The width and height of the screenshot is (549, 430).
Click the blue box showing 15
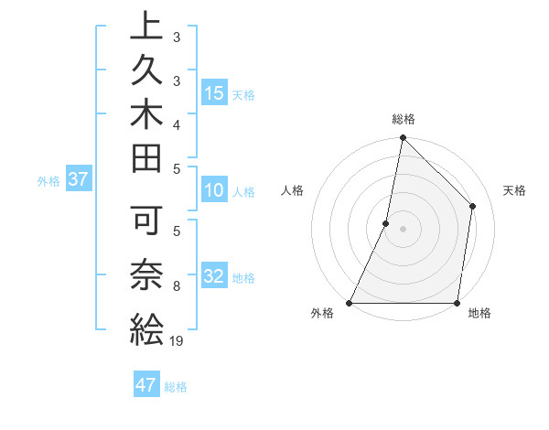click(214, 93)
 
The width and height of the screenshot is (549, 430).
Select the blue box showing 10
click(214, 191)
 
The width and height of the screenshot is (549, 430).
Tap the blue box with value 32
click(214, 277)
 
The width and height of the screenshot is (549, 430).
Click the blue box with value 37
click(78, 179)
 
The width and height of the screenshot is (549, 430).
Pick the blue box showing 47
click(146, 385)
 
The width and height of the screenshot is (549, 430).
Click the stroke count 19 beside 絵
click(177, 341)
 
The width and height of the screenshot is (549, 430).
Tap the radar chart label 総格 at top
click(404, 119)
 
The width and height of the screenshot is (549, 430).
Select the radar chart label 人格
click(293, 190)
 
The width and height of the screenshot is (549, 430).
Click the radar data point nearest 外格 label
click(350, 303)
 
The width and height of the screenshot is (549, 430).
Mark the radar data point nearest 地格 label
click(457, 303)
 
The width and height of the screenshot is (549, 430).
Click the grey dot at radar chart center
click(403, 229)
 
